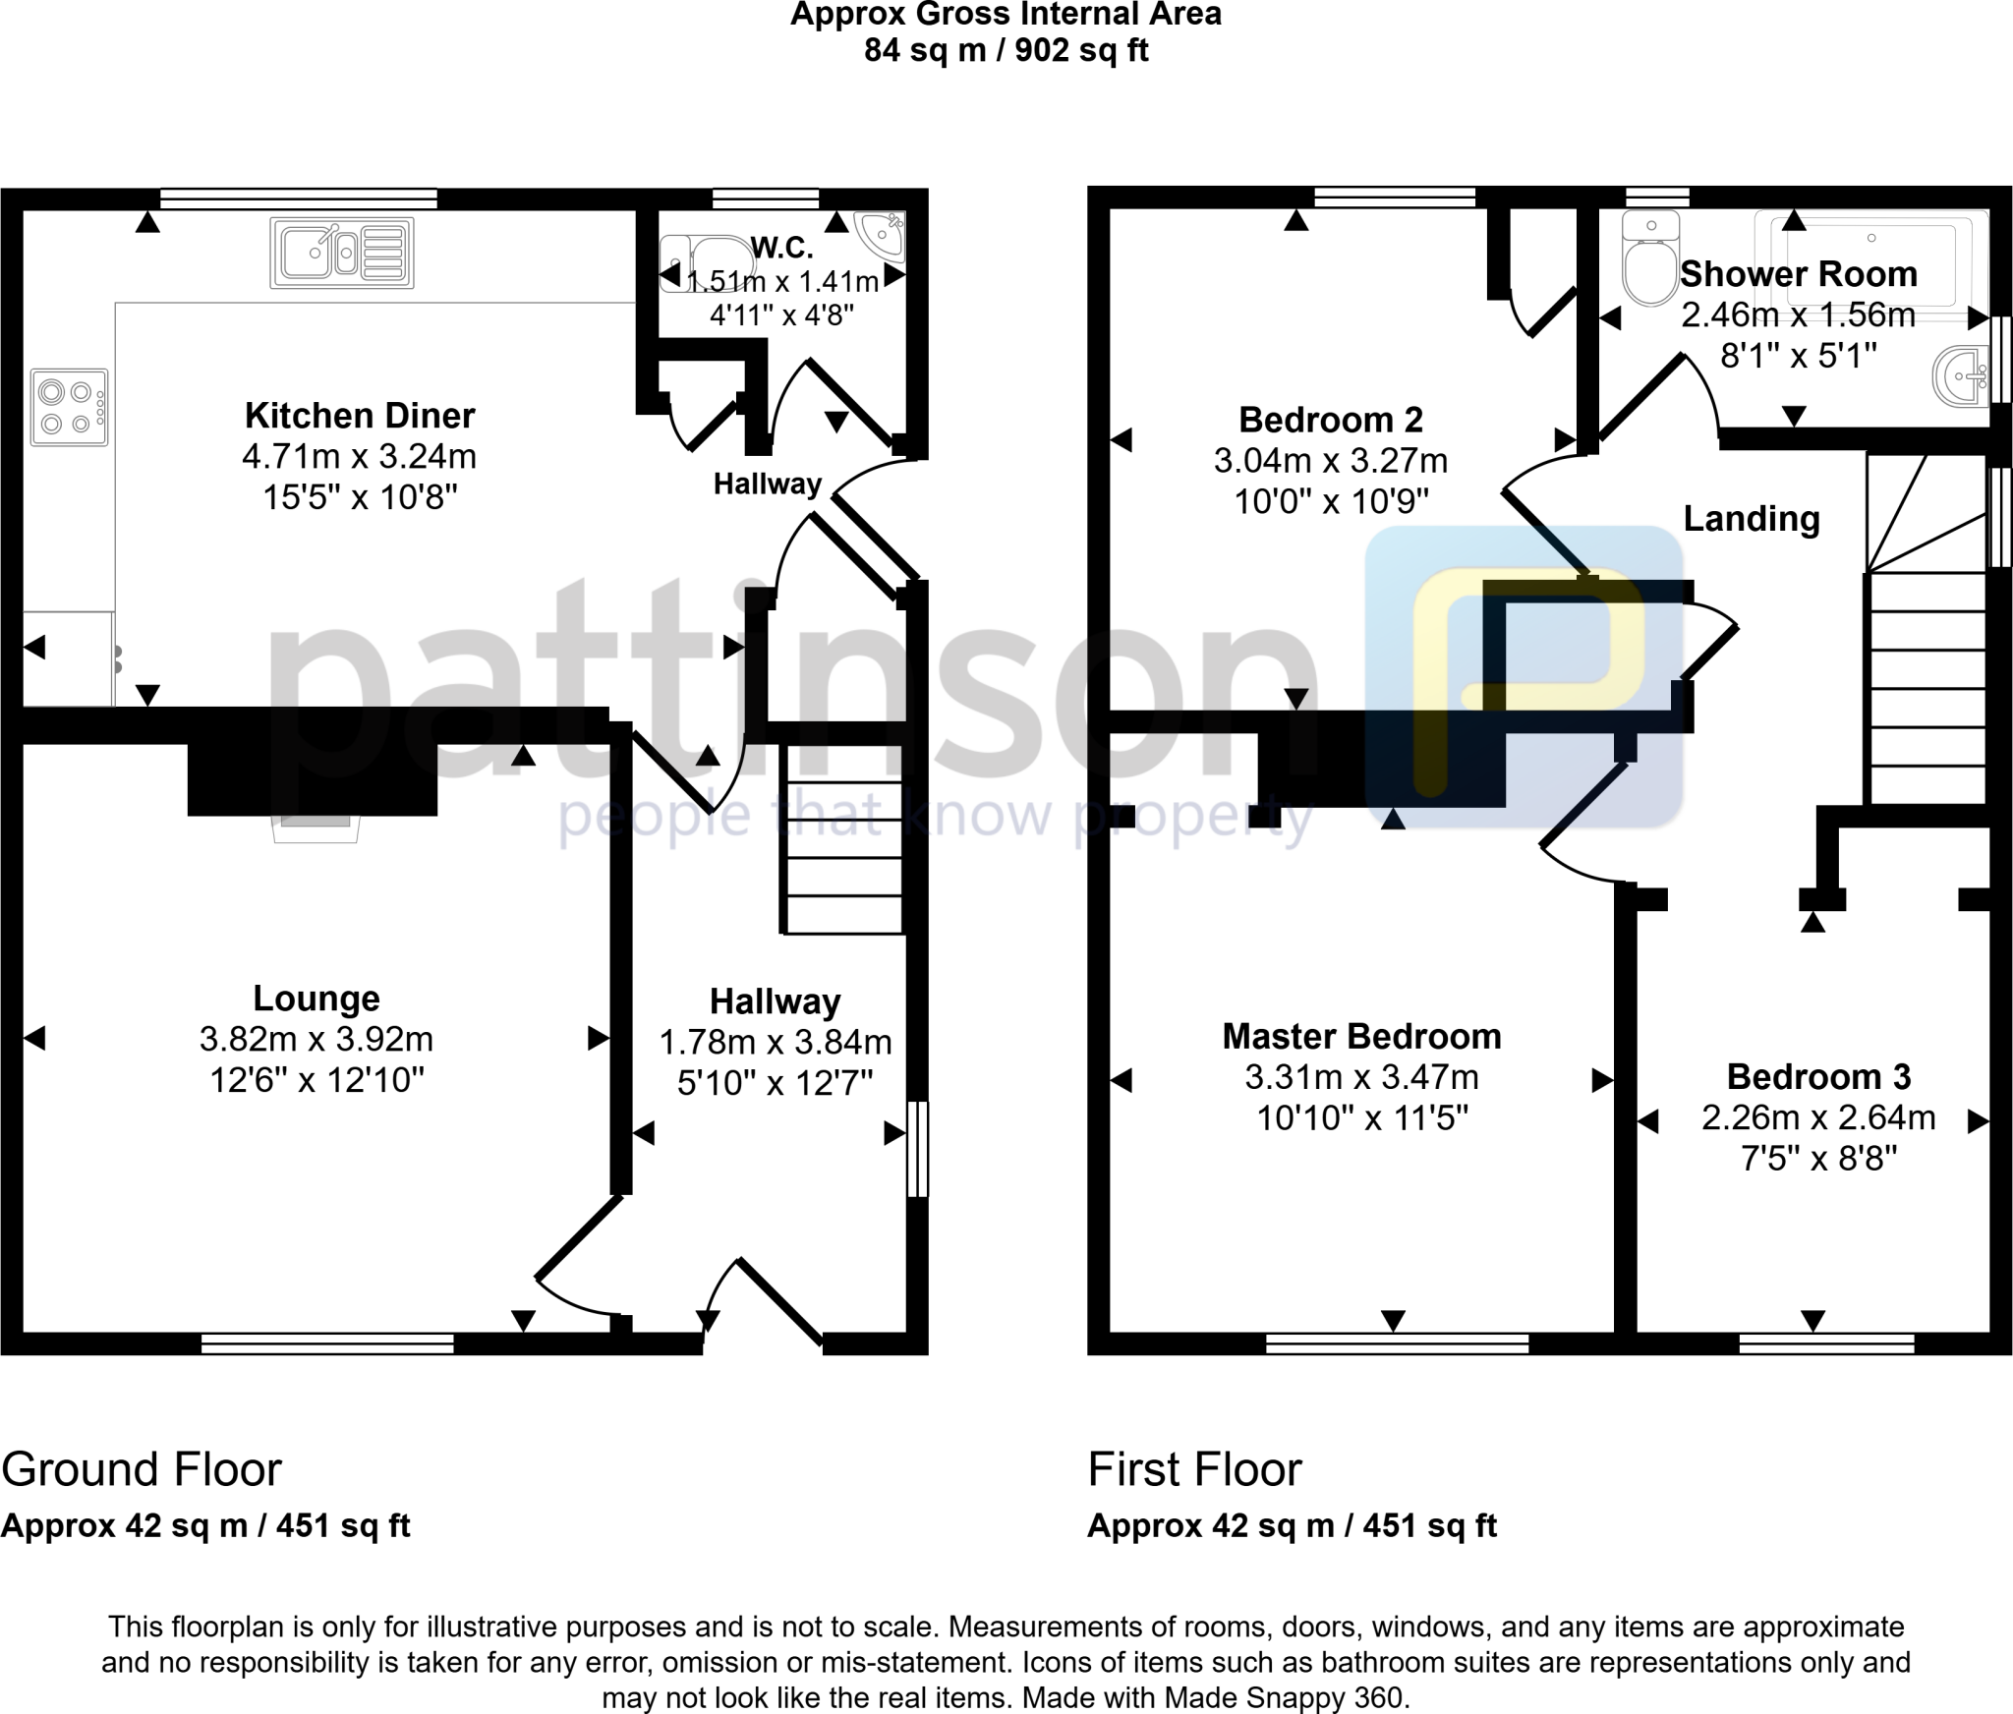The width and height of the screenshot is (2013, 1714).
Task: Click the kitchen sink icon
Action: click(x=341, y=254)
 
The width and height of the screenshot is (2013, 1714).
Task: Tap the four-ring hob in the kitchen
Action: click(x=69, y=407)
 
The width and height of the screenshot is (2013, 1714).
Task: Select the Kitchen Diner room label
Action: click(x=360, y=416)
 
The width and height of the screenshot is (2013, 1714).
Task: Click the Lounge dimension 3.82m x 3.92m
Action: click(x=316, y=1039)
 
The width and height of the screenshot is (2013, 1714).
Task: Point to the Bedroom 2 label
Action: click(x=1330, y=420)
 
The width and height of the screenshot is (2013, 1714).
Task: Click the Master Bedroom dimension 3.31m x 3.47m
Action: click(x=1361, y=1077)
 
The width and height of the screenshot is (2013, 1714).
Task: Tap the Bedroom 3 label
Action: click(x=1818, y=1076)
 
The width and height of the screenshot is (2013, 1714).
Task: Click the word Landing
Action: click(x=1752, y=518)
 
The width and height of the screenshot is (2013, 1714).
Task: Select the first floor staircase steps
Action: click(x=1927, y=688)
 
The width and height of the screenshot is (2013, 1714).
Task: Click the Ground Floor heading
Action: click(x=142, y=1469)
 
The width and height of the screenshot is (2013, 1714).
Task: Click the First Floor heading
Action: click(x=1194, y=1469)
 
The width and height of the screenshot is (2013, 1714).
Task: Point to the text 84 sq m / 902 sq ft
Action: click(x=1006, y=50)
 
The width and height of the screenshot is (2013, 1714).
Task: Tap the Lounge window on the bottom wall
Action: click(x=327, y=1343)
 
